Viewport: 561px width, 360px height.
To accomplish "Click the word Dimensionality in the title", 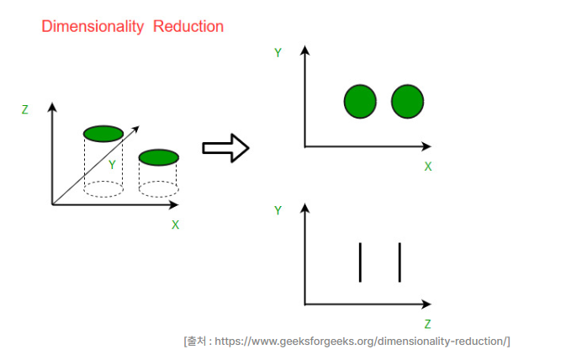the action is point(93,27).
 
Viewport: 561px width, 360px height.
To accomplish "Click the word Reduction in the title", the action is point(188,27).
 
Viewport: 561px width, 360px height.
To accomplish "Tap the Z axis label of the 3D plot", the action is point(25,109).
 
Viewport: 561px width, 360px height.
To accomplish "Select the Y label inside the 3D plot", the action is point(112,165).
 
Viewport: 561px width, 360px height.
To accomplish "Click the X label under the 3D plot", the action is point(175,225).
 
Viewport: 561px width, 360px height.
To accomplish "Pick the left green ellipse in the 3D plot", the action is point(103,133).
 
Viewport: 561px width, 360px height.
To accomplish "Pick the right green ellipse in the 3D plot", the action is point(158,157).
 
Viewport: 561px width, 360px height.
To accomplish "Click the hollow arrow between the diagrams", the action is point(225,148).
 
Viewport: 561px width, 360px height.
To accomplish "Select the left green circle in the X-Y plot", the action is point(360,102).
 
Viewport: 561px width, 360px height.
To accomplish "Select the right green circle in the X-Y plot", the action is point(407,102).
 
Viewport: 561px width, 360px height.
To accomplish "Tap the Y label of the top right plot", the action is point(278,53).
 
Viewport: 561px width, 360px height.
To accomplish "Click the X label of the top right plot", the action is point(427,167).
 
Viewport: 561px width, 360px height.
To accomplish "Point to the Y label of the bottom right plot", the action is point(278,210).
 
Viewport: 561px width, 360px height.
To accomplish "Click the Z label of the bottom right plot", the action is point(427,324).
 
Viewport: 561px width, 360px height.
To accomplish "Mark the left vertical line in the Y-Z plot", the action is point(360,262).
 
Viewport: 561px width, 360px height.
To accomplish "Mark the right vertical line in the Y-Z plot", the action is point(400,262).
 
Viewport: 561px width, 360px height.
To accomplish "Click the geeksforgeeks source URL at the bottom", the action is point(362,341).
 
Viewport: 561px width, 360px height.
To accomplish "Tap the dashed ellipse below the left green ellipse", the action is point(103,189).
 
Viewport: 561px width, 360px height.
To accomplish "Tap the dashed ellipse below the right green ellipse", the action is point(158,189).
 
